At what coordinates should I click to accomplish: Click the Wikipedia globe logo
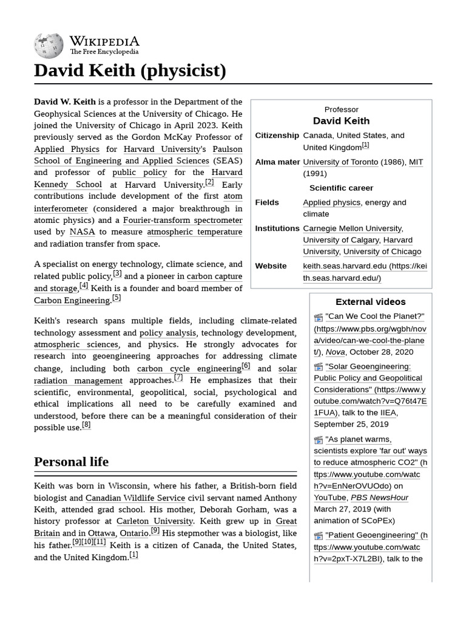coord(49,44)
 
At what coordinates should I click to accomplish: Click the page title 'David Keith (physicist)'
coord(130,71)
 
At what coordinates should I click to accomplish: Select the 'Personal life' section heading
coord(71,462)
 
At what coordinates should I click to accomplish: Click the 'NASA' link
coord(82,231)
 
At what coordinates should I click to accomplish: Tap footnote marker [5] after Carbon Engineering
coord(116,298)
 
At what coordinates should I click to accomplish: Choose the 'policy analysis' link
coord(167,333)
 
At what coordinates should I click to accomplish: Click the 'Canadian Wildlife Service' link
coord(135,497)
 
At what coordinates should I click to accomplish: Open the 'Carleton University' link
coord(155,521)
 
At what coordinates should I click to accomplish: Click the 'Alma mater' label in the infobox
coord(277,162)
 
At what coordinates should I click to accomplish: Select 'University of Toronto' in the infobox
coord(340,162)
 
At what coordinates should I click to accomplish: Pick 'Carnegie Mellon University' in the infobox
coord(353,228)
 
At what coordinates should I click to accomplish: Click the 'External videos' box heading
coord(370,302)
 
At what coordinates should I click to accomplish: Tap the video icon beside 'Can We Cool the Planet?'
coord(319,317)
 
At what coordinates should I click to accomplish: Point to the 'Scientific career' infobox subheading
coord(341,188)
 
